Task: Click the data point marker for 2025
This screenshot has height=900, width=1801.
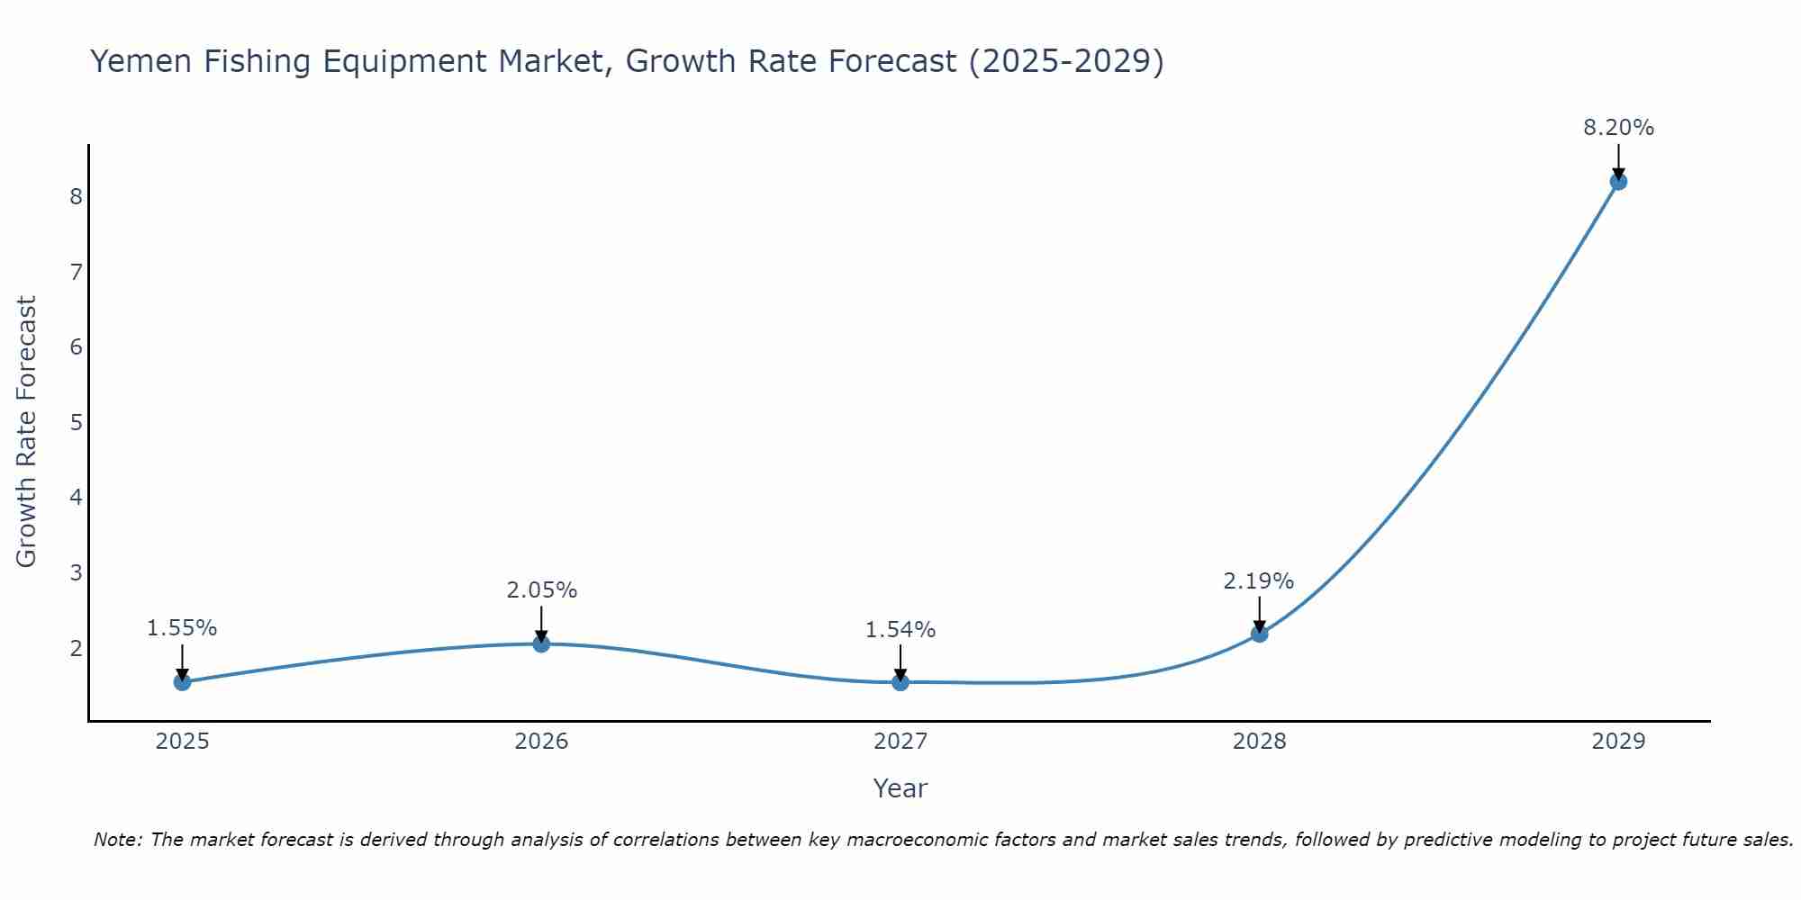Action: pyautogui.click(x=182, y=681)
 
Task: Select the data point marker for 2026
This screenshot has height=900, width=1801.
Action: pyautogui.click(x=541, y=643)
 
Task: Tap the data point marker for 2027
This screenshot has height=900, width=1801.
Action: pyautogui.click(x=900, y=682)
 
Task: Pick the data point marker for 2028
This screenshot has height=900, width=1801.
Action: pyautogui.click(x=1260, y=634)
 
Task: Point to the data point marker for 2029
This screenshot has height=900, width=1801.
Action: pyautogui.click(x=1618, y=182)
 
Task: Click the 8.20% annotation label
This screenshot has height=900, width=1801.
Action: pyautogui.click(x=1618, y=128)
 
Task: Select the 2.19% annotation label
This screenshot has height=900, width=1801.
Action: pyautogui.click(x=1258, y=581)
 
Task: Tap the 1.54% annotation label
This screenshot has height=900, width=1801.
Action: pyautogui.click(x=900, y=630)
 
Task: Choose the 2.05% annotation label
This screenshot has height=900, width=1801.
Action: pyautogui.click(x=541, y=590)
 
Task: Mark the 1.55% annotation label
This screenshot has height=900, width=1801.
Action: pyautogui.click(x=182, y=628)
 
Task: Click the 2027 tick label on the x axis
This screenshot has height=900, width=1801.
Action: pyautogui.click(x=900, y=742)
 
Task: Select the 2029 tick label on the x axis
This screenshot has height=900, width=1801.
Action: pyautogui.click(x=1618, y=742)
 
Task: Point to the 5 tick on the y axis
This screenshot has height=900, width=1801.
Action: pyautogui.click(x=76, y=422)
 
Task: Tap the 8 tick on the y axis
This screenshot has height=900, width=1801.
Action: pyautogui.click(x=76, y=196)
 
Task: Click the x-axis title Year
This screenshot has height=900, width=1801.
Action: pyautogui.click(x=900, y=788)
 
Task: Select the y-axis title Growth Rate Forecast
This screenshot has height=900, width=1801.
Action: pyautogui.click(x=27, y=432)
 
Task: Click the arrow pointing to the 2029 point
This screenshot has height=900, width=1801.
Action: pyautogui.click(x=1618, y=163)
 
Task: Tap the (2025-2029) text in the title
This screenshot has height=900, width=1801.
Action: pyautogui.click(x=1066, y=61)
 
